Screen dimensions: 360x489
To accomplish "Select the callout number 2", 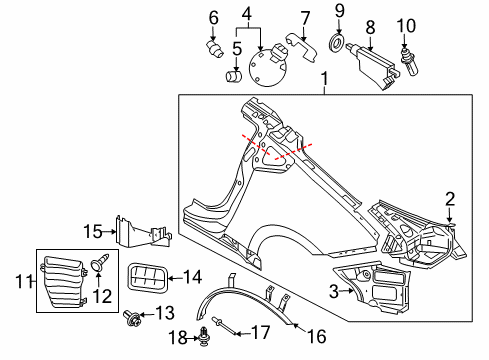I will [450, 200].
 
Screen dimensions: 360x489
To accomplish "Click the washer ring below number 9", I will [337, 44].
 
